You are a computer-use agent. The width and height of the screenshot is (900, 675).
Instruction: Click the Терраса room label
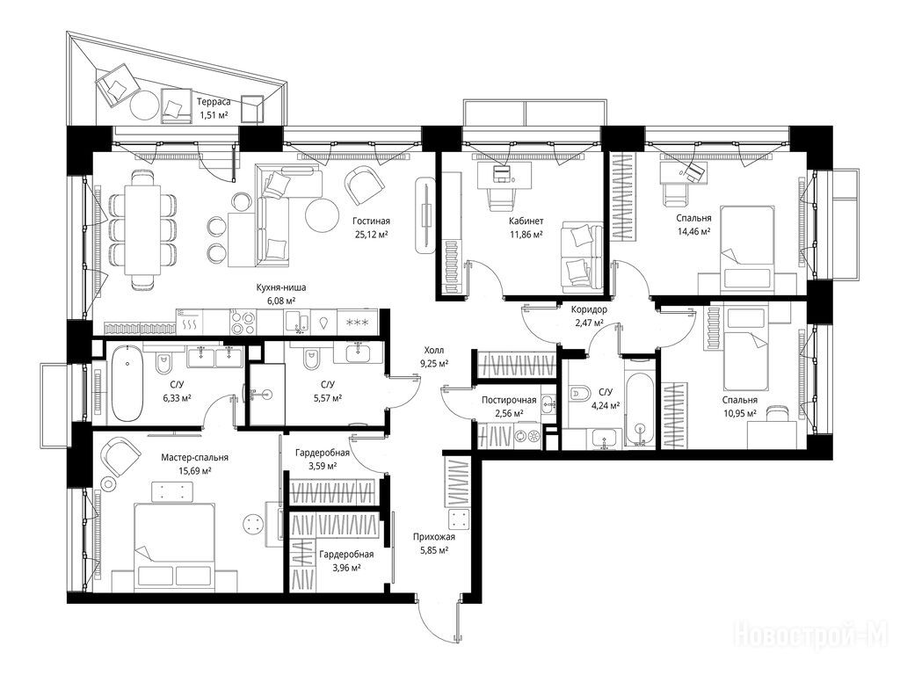coord(214,102)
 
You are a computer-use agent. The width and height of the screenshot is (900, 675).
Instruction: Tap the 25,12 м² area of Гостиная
coord(371,234)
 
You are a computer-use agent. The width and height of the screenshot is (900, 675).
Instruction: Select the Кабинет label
coord(526,221)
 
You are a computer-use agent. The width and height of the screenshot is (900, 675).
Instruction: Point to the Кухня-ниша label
coord(281,288)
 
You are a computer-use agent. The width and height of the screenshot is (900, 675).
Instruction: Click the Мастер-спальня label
coord(194,457)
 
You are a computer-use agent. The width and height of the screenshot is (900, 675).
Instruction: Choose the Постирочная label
coord(509,400)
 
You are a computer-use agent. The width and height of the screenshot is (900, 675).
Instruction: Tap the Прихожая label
coord(434,537)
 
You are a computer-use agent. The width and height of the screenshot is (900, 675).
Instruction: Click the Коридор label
coord(589,310)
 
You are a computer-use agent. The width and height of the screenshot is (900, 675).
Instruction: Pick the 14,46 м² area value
coord(694,231)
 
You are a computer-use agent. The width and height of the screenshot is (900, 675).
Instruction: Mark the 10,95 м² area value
coord(739,413)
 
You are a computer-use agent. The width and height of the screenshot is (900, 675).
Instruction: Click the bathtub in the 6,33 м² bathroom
coord(127,383)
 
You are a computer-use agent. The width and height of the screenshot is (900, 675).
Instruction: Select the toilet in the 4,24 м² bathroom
coord(581,392)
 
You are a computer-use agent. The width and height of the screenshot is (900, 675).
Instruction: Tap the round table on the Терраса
coord(145,105)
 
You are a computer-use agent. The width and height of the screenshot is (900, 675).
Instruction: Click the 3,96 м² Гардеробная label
coord(346,555)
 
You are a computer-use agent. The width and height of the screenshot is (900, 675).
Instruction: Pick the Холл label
coord(434,350)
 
